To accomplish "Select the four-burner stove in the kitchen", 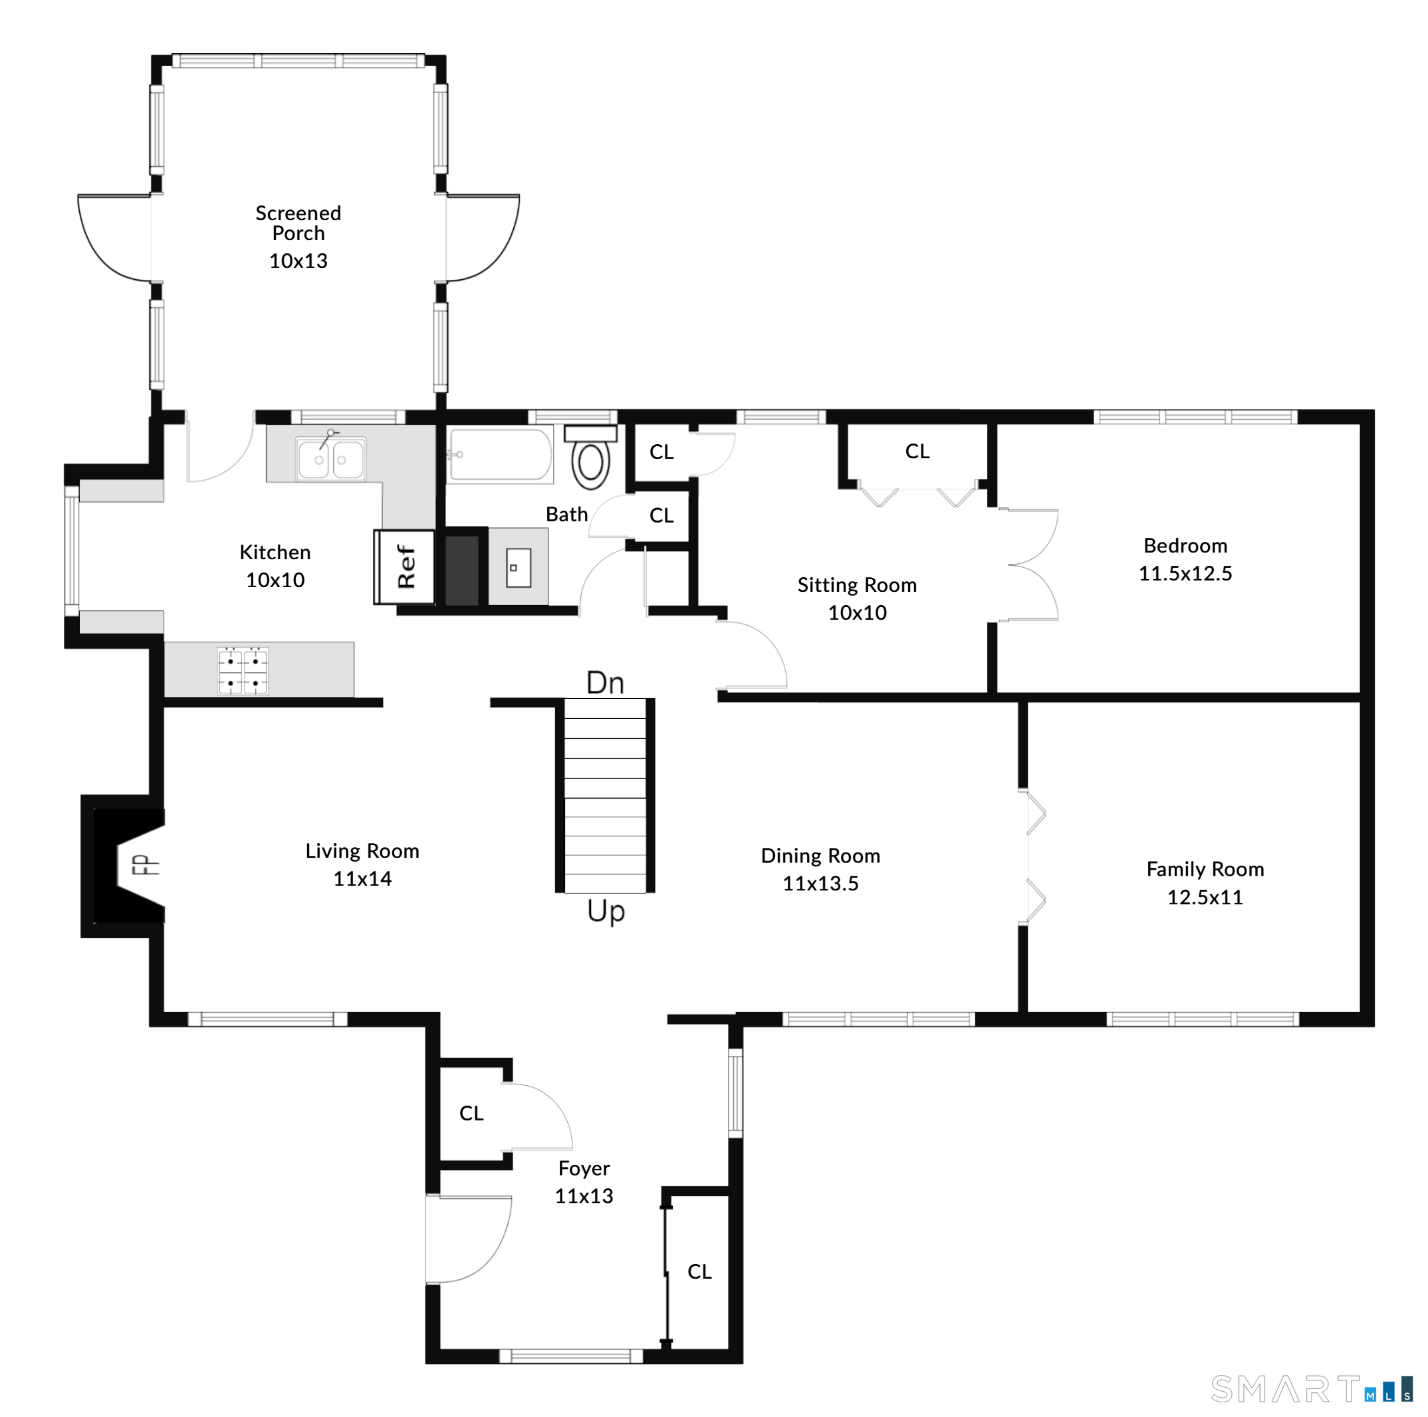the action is click(x=243, y=671).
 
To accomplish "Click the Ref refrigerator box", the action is click(x=404, y=567).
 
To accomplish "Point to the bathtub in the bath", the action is click(x=501, y=455).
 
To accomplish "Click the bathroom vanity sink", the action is click(x=518, y=568).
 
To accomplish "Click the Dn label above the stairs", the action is click(x=606, y=683).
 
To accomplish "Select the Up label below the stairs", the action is click(x=606, y=912).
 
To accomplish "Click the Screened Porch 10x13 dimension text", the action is click(x=298, y=261).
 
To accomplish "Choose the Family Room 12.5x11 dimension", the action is click(x=1205, y=898).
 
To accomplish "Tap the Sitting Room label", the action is click(x=857, y=585).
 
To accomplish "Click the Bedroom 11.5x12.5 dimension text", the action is click(x=1185, y=574).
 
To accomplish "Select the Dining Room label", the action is click(x=820, y=856).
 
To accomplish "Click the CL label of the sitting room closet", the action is click(x=917, y=451).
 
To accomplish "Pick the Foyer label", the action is click(x=584, y=1168).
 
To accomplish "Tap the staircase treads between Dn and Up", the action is click(x=606, y=795).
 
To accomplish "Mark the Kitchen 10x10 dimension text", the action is click(x=275, y=580).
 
